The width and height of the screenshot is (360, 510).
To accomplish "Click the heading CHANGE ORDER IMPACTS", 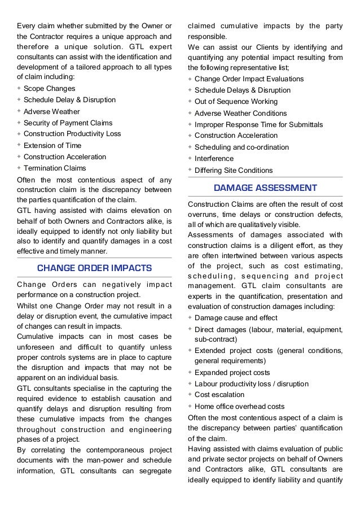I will pyautogui.click(x=94, y=268).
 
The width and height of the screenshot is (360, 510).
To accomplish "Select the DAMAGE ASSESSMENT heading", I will pyautogui.click(x=265, y=188).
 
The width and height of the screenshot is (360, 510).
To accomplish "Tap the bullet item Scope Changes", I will pyautogui.click(x=50, y=89).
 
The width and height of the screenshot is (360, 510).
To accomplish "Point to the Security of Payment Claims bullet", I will pyautogui.click(x=68, y=123).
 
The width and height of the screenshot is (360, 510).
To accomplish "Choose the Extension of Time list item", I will pyautogui.click(x=53, y=146).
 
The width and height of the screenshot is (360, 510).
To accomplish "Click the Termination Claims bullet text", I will pyautogui.click(x=55, y=168).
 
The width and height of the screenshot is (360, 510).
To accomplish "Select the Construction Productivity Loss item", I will pyautogui.click(x=72, y=134).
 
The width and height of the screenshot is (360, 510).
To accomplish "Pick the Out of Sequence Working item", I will pyautogui.click(x=236, y=102).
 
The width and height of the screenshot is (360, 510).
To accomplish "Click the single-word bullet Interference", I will pyautogui.click(x=214, y=159).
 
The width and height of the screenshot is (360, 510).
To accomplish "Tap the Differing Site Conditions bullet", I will pyautogui.click(x=234, y=170).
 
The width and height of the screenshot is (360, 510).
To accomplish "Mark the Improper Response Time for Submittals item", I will pyautogui.click(x=258, y=124).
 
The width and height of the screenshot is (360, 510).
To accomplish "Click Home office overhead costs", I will pyautogui.click(x=239, y=406).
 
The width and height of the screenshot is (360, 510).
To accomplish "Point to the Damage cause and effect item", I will pyautogui.click(x=236, y=317).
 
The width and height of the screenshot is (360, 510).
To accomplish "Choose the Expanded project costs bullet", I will pyautogui.click(x=232, y=372).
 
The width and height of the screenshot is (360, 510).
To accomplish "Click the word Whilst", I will pyautogui.click(x=28, y=306).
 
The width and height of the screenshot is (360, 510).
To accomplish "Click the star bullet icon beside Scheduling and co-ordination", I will pyautogui.click(x=190, y=147).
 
